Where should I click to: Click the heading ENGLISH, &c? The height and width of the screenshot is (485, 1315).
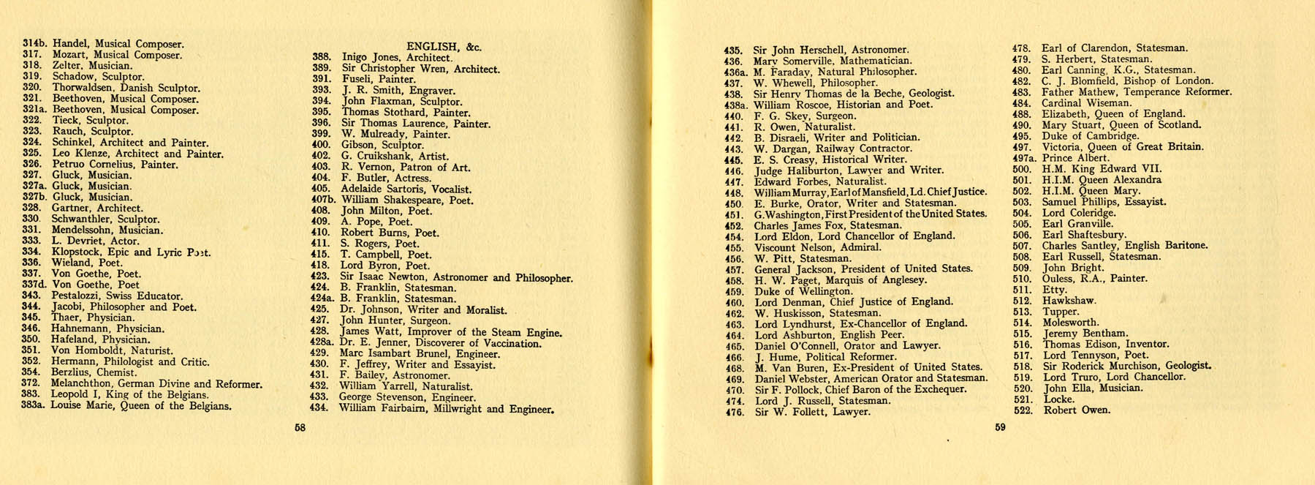[x=444, y=46]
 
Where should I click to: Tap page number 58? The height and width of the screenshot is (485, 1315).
[x=300, y=428]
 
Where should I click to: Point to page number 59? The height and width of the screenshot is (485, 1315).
[x=1000, y=427]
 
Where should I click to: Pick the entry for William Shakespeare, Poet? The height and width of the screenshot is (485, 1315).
[x=406, y=200]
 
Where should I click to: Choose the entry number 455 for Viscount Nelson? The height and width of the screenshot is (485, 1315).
[x=734, y=248]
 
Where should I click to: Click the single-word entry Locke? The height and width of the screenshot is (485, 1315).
[x=1058, y=399]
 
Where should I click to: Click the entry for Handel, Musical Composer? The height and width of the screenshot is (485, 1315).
[x=118, y=44]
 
